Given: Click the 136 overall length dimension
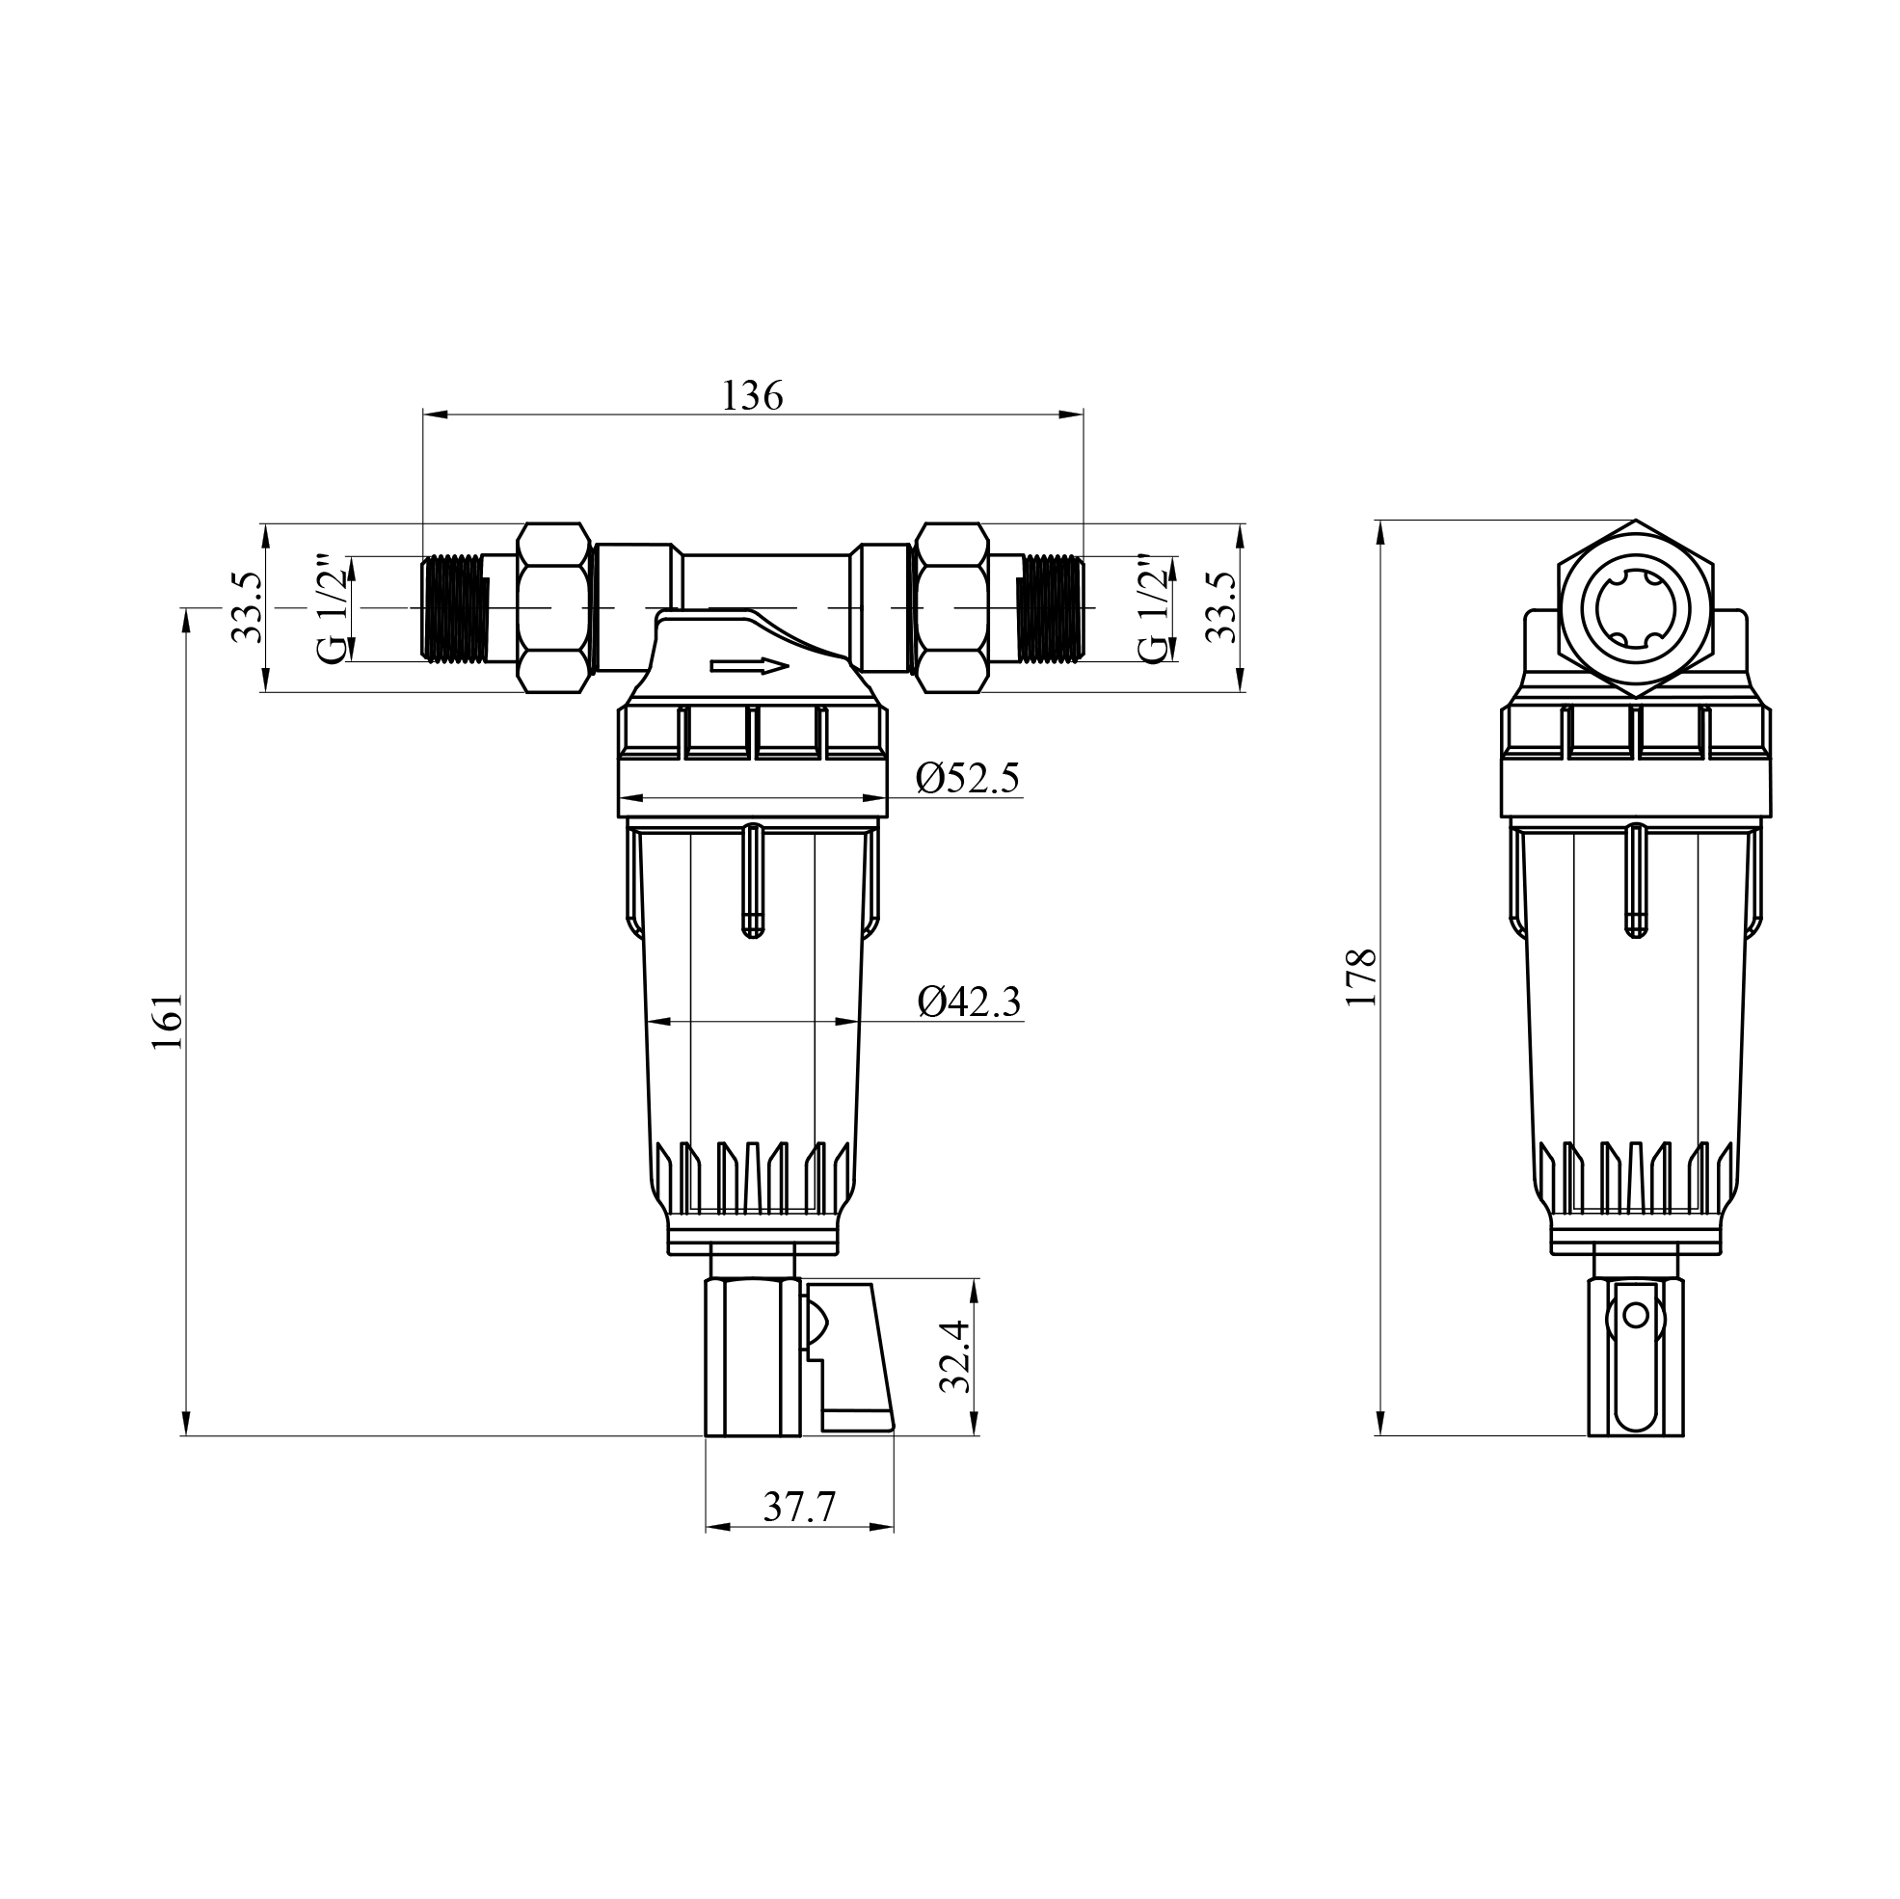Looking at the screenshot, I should pos(752,395).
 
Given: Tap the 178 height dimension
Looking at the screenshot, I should pos(1360,976).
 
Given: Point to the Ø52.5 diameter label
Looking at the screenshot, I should pos(968,778).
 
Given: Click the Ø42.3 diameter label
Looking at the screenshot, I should pos(969,1003).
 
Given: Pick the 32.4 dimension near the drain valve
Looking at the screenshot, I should pos(955,1357).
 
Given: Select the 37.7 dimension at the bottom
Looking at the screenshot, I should pos(798,1507).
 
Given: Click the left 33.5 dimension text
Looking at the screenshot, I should pos(247,607).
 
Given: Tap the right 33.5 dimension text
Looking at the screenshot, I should pos(1221,607).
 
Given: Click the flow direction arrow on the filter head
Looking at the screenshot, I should pos(749,667).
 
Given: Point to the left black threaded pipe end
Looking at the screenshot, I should pos(453,607).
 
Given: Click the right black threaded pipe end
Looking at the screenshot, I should pos(1051,607).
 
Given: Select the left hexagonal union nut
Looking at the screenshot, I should pos(553,607).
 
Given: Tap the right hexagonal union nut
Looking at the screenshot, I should pos(951,607).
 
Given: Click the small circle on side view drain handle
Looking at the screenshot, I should pos(1635,1315).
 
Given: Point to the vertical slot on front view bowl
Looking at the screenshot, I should pos(751,880).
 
